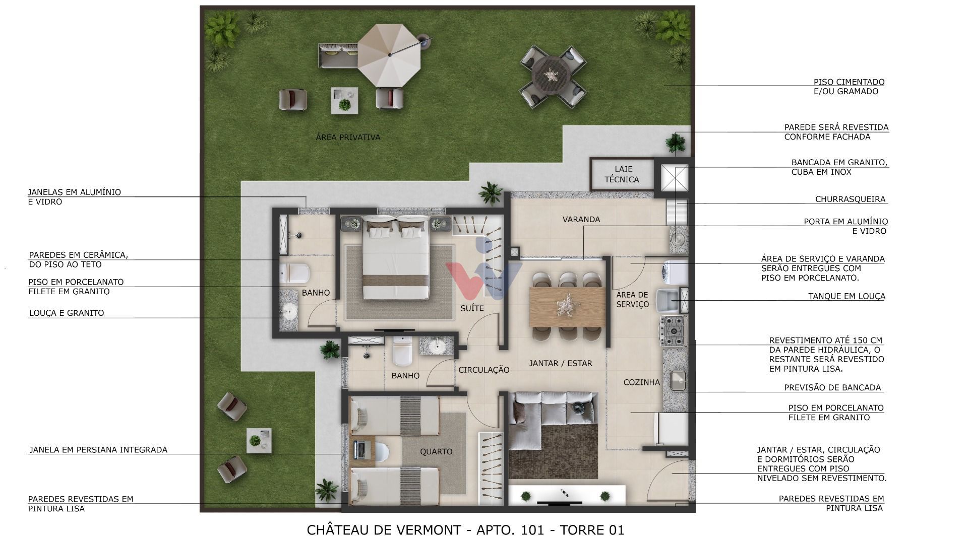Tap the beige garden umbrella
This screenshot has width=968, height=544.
point(389,55)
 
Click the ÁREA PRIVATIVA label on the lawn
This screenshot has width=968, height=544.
point(348,137)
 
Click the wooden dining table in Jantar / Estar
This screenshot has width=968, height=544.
point(568,307)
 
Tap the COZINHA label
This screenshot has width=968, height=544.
point(641,382)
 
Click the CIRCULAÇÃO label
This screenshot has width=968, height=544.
point(483,370)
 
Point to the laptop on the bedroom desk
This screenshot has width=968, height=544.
point(360,449)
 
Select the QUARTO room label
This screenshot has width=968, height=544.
point(436,451)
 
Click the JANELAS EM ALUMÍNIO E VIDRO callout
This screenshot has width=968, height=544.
point(74,196)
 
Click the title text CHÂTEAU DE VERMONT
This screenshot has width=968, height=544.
point(383,530)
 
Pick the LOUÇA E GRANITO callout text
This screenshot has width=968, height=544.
point(66,313)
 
